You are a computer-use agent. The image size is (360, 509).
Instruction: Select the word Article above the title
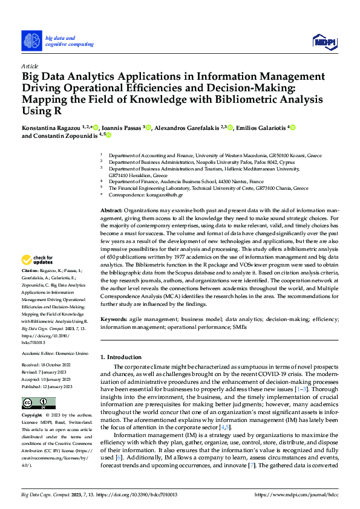pyautogui.click(x=30, y=65)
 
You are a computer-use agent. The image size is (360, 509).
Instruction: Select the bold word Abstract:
pyautogui.click(x=111, y=209)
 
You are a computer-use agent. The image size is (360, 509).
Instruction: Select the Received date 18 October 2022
pyautogui.click(x=58, y=365)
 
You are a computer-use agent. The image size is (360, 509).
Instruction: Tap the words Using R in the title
pyautogui.click(x=42, y=111)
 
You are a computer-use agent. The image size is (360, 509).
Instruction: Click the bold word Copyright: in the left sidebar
pyautogui.click(x=33, y=417)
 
